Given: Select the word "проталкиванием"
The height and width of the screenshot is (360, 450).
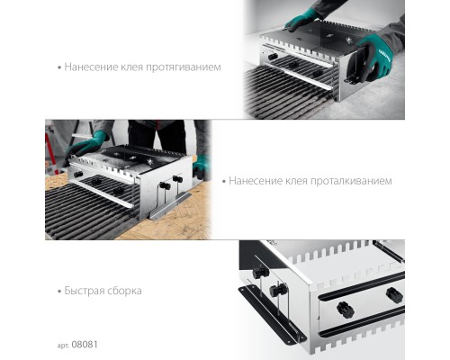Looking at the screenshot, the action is [351, 181].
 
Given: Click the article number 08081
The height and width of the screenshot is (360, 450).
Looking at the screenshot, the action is [85, 345].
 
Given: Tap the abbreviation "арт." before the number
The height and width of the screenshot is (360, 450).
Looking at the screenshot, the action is [64, 346].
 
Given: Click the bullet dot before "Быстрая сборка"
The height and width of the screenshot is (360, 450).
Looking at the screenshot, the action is [59, 292].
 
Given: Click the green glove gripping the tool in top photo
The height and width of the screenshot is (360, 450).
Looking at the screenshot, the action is [375, 57].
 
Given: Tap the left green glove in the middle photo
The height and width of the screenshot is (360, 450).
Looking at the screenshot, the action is [85, 145].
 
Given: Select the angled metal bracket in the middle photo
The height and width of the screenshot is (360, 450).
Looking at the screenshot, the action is [170, 206].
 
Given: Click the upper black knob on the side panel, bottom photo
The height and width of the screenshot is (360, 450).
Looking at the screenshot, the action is [260, 272].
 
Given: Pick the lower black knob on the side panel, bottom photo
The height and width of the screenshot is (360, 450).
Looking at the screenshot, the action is [278, 291].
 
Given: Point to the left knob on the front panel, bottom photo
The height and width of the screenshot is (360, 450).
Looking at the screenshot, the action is [346, 310].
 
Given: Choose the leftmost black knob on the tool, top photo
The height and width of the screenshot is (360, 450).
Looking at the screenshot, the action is [273, 57].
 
